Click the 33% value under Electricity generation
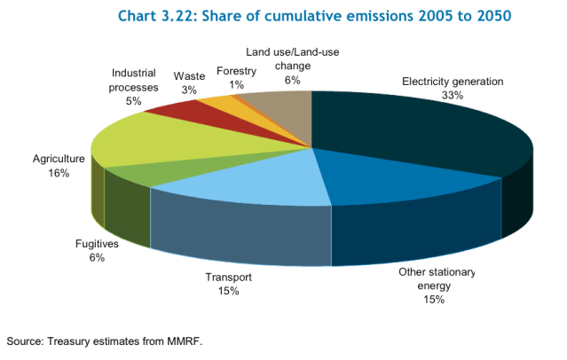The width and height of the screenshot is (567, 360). point(453,94)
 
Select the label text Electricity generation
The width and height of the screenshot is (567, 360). point(453,82)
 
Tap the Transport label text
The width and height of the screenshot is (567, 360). point(229,278)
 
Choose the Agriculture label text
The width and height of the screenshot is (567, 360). point(59,160)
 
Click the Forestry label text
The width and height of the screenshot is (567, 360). point(237,71)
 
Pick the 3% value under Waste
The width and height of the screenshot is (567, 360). point(189,90)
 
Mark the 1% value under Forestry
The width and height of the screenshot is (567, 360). point(237,84)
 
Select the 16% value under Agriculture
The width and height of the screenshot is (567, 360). point(59,173)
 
